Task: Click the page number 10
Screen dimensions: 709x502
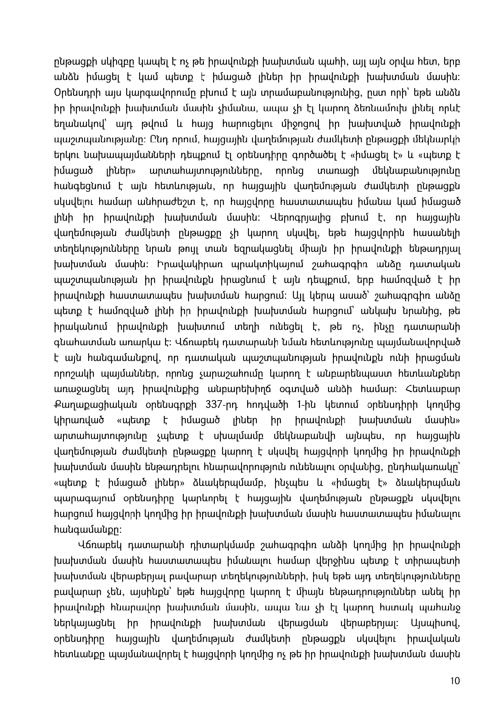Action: pyautogui.click(x=455, y=681)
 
